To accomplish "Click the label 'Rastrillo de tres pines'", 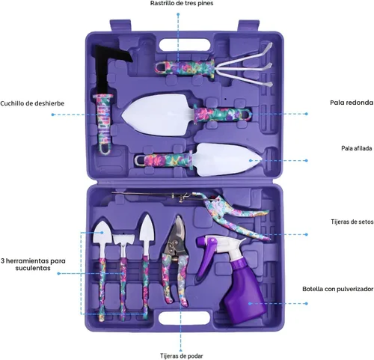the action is coord(182,3).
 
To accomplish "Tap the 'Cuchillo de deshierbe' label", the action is coord(32,103).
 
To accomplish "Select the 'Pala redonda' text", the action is coord(352,103).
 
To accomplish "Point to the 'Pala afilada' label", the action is coord(357,148).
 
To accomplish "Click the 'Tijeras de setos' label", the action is coord(352,222).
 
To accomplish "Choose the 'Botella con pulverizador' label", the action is coord(338,289).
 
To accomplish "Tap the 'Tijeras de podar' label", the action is coord(182,356).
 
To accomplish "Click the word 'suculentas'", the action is coord(33,268).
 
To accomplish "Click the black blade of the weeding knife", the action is coord(107,65).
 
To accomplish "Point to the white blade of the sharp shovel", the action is coord(227,159).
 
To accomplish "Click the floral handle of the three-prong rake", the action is coord(185,67).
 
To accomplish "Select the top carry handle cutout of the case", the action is coord(184,45).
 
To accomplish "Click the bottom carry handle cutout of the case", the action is coord(184,317).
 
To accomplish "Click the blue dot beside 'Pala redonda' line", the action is coord(307,114).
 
